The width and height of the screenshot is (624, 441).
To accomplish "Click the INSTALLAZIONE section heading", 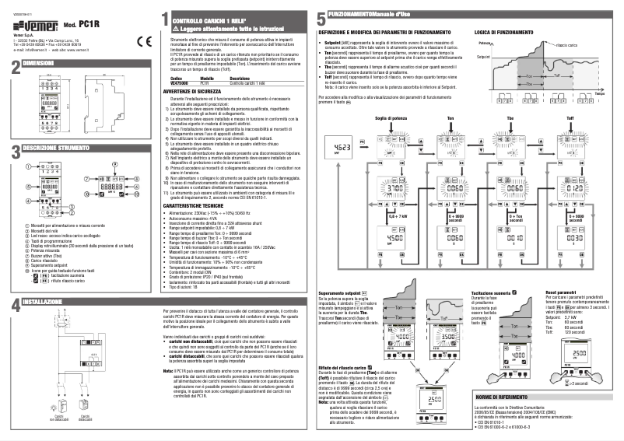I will (42, 301).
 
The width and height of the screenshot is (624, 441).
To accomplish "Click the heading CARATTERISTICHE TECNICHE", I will (202, 184).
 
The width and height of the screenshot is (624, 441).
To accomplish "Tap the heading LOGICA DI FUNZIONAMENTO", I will (503, 33).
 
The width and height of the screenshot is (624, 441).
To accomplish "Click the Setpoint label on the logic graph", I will (482, 58).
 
